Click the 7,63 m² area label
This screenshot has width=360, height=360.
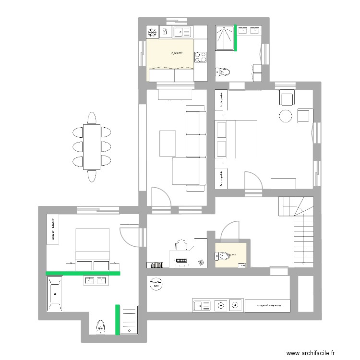(x=177, y=53)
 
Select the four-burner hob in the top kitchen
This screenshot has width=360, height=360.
(x=200, y=57)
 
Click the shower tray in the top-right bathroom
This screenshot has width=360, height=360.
(x=225, y=37)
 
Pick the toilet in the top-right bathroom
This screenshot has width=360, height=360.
(x=224, y=72)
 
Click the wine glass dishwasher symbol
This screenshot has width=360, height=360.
(x=166, y=32)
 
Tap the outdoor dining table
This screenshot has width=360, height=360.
(x=92, y=147)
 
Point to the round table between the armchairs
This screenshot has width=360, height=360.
(x=286, y=116)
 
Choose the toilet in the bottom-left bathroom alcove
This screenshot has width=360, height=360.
(x=100, y=326)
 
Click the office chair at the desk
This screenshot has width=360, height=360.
(x=181, y=245)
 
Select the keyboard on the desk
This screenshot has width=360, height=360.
(x=182, y=261)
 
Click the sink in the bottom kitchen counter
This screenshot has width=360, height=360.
(x=202, y=305)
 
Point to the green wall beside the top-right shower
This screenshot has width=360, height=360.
(x=236, y=37)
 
